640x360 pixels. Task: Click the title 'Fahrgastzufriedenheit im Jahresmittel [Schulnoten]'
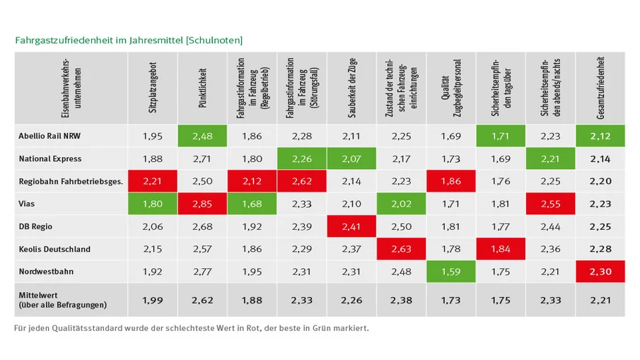pos(129,40)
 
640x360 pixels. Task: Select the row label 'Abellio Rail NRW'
pos(49,137)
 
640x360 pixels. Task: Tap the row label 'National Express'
pos(49,159)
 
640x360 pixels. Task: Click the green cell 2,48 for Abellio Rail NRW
pos(203,137)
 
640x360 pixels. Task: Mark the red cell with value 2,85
pos(203,204)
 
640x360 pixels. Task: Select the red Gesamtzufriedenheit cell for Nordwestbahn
pos(600,272)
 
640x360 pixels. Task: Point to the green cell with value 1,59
pos(451,272)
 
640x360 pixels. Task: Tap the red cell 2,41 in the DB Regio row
pos(352,226)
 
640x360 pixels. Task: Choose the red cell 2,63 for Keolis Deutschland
pos(402,249)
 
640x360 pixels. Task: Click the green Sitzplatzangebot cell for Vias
pos(153,204)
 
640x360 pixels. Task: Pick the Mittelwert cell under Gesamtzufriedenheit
pos(600,300)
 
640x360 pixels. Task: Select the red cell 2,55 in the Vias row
pos(550,204)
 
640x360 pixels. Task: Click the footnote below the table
pos(191,328)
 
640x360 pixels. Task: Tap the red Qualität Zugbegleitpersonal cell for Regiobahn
pos(451,182)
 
